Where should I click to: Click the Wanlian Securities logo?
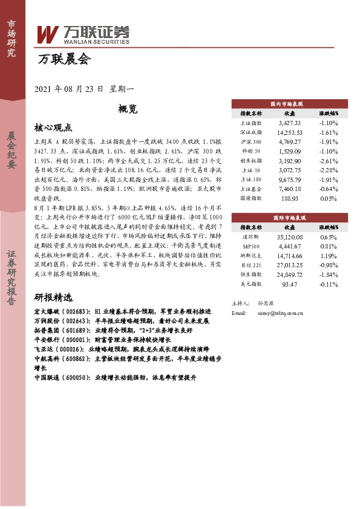point(83,35)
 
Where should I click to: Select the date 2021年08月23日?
point(70,88)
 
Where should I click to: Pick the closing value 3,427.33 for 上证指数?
point(290,122)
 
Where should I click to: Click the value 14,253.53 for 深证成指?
point(289,131)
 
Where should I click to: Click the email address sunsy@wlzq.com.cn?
point(279,313)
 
